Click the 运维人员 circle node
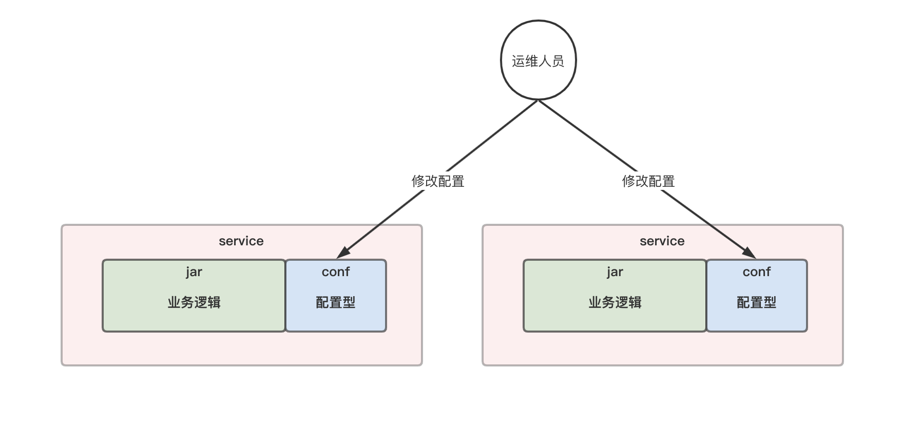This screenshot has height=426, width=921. [x=538, y=60]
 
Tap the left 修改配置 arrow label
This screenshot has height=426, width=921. [x=438, y=181]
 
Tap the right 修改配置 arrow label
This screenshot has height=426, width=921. [x=648, y=181]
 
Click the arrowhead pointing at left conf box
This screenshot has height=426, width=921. [x=343, y=253]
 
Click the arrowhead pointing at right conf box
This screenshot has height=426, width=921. [x=749, y=253]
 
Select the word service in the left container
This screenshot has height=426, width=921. [x=241, y=241]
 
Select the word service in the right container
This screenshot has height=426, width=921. [x=662, y=241]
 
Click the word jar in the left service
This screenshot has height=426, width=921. [x=194, y=272]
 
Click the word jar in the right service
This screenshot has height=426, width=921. [x=615, y=272]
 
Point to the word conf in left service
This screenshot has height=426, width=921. [x=336, y=272]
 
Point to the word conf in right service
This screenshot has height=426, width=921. [x=757, y=272]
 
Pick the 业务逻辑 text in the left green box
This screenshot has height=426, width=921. [x=194, y=302]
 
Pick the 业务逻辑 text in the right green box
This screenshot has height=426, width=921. [x=615, y=302]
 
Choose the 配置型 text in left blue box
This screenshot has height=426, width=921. [x=336, y=302]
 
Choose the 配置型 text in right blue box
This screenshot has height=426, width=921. [x=757, y=302]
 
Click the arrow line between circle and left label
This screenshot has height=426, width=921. [x=492, y=136]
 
